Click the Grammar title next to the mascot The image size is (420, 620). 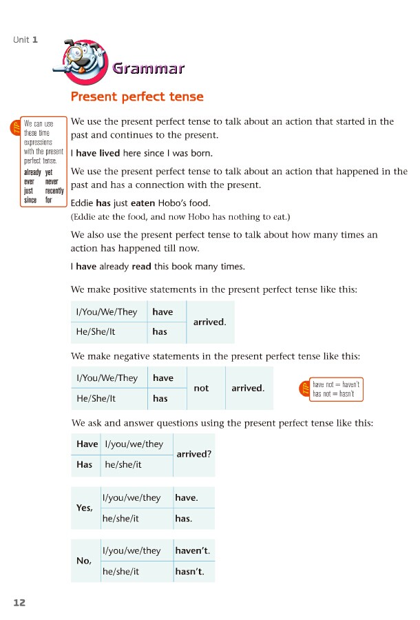pos(148,68)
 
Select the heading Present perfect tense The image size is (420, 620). pos(137,96)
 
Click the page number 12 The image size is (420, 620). pos(19,602)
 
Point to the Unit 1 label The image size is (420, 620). pos(25,39)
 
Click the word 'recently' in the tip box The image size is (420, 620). pos(54,191)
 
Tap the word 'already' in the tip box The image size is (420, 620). pos(32,172)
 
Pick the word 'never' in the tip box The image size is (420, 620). pos(52,182)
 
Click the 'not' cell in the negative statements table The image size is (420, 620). pos(201,389)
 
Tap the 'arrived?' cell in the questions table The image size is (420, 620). pos(194,454)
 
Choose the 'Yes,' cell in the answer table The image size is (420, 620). pos(84,508)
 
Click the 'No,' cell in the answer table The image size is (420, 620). pos(84,561)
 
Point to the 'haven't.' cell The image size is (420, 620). pos(192,550)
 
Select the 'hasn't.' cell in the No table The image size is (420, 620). pos(190,572)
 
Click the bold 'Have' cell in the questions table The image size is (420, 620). pos(87,444)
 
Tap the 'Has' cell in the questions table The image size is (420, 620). pos(85,465)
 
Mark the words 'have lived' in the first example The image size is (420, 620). pos(98,153)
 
